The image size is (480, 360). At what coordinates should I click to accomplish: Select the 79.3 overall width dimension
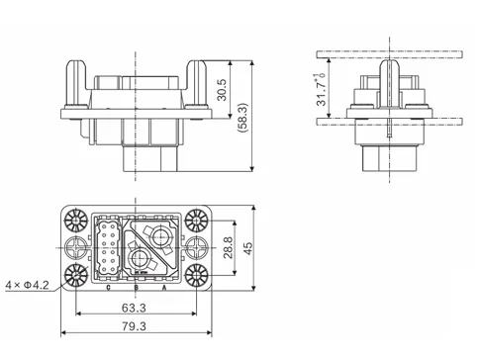(x=133, y=326)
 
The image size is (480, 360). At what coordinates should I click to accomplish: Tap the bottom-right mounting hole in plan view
(x=191, y=276)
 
